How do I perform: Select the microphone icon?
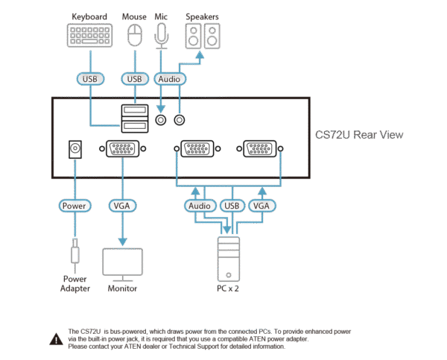pos(161,35)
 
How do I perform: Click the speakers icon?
pos(203,35)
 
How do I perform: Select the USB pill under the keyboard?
pos(89,78)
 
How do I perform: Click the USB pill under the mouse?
pos(135,78)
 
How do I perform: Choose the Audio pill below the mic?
pos(171,78)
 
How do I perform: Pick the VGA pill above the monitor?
pos(121,204)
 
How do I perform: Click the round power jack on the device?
pos(74,149)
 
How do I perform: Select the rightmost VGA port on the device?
pos(259,149)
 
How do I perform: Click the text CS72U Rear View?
pos(358,136)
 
